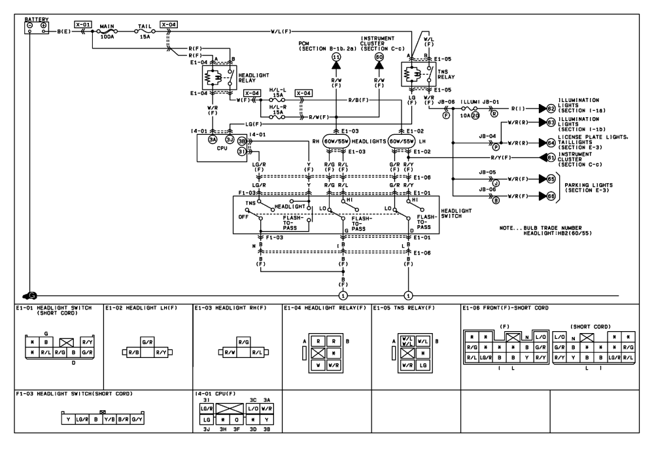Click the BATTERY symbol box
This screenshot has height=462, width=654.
[37, 27]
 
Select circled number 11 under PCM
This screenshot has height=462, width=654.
[336, 58]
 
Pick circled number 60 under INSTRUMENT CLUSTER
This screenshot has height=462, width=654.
[379, 58]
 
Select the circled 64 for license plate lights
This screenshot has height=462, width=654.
[551, 142]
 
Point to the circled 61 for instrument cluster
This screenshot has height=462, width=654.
[551, 157]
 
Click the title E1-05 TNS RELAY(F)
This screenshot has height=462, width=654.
[405, 308]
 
